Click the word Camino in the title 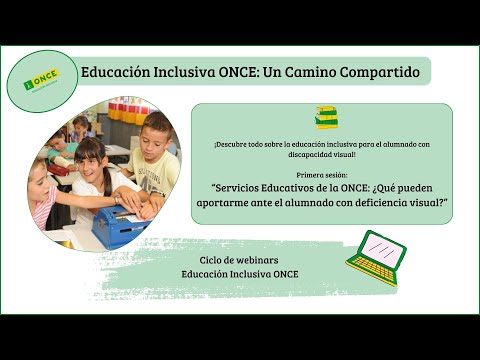pos(298,72)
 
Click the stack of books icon pos(326,118)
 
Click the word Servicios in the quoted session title pos(242,187)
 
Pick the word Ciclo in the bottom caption pos(214,259)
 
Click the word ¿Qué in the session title pos(410,187)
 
